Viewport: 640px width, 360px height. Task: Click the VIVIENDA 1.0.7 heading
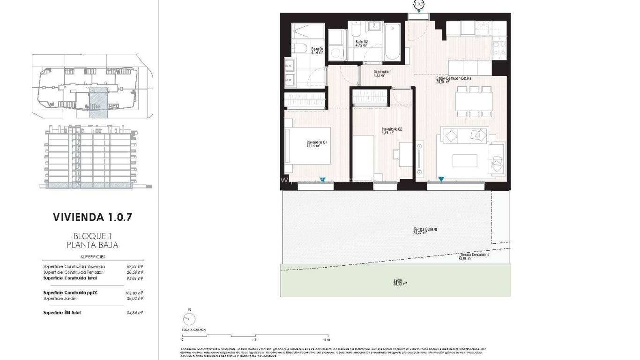coord(93,217)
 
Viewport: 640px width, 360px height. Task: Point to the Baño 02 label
coord(362,44)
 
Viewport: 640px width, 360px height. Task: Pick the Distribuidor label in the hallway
coord(381,74)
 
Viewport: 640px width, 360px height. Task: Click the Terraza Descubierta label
coord(474,256)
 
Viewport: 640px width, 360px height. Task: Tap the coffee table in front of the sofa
coord(465,161)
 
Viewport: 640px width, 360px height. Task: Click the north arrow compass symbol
coord(189,319)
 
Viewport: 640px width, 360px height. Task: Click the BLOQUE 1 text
coord(93,236)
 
